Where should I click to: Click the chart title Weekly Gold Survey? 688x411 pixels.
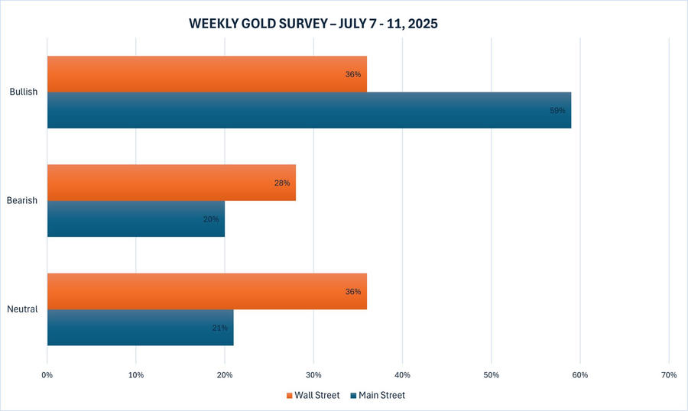(x=313, y=24)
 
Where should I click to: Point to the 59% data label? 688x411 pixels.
(x=557, y=111)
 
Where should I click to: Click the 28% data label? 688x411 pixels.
(x=282, y=183)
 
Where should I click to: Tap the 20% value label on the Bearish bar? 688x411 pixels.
(x=211, y=219)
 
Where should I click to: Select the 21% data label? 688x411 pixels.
(x=219, y=328)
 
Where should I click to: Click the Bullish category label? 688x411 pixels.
(x=24, y=92)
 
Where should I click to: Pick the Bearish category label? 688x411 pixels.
(x=23, y=201)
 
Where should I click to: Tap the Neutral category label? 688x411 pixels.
(x=23, y=309)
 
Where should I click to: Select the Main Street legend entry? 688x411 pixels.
(x=378, y=395)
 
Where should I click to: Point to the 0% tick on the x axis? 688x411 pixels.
(x=47, y=374)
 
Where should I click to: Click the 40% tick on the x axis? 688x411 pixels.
(x=402, y=374)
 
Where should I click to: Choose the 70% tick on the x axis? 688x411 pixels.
(x=669, y=374)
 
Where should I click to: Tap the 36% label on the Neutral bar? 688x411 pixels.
(x=353, y=292)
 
